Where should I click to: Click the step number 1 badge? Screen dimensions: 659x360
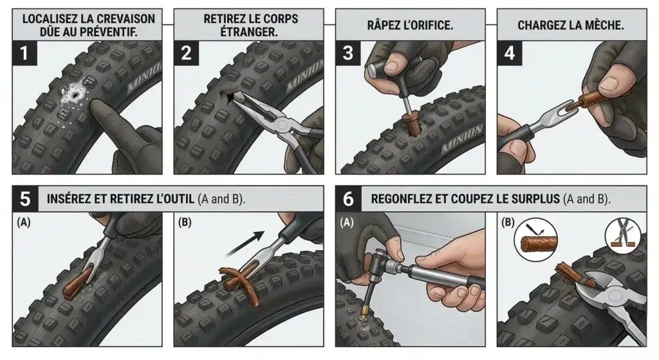(24, 53)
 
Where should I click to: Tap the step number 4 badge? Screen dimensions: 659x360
(510, 53)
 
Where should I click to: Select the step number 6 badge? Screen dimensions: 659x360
(348, 198)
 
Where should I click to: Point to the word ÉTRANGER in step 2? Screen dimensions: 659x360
(249, 32)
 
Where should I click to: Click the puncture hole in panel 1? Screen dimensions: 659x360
(76, 96)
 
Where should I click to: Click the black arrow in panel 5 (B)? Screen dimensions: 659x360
(245, 243)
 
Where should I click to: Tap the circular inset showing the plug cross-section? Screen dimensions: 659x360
(535, 240)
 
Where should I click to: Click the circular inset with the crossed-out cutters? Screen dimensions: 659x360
(623, 236)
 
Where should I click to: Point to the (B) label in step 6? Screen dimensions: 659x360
(508, 222)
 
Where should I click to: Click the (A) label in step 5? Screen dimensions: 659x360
(24, 222)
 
